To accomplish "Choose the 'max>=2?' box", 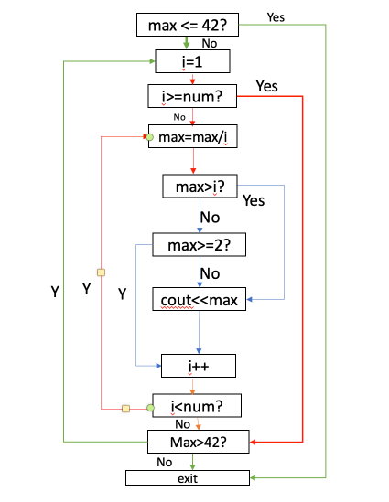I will [x=200, y=245].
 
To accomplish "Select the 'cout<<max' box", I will [x=199, y=301].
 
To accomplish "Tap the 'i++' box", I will [x=200, y=366].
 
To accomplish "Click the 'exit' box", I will [x=187, y=477].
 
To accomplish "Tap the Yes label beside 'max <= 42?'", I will [x=275, y=16].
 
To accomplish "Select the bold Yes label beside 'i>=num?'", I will [x=266, y=86].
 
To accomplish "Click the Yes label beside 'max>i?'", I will [x=254, y=199].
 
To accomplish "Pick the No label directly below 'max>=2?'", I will [x=210, y=272].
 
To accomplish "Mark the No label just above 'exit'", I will [x=165, y=462].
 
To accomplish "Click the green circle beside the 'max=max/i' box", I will [x=150, y=137].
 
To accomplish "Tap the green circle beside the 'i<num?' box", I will [x=150, y=408].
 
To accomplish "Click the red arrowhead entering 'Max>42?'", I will [x=252, y=443].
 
